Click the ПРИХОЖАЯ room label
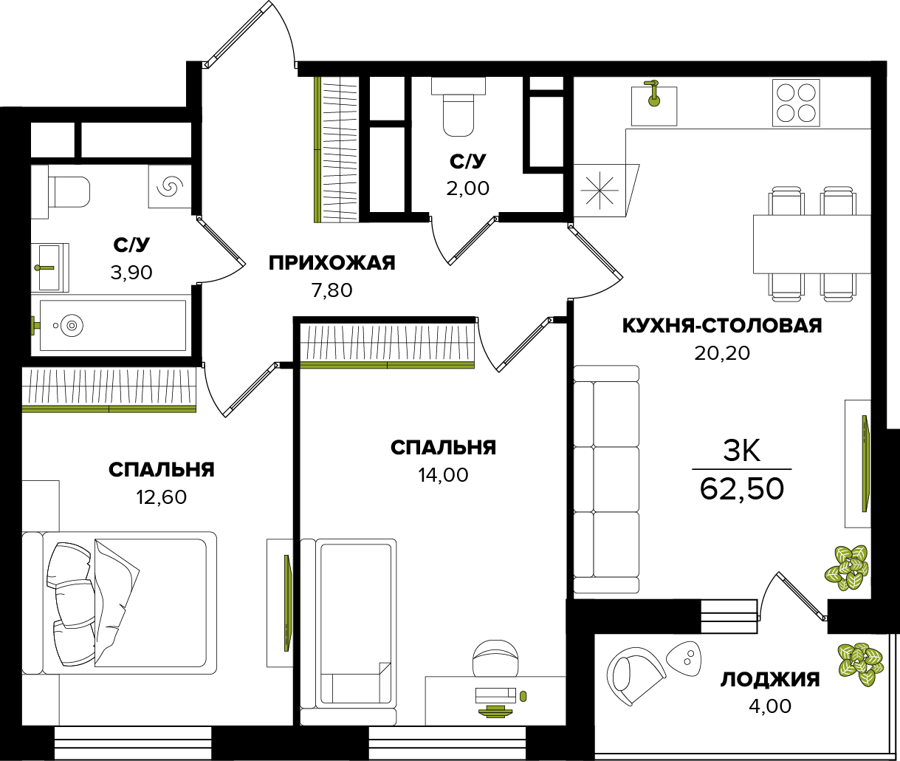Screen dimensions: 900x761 (x=332, y=263)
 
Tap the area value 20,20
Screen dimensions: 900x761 (x=722, y=353)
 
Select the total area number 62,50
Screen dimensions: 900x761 (x=741, y=489)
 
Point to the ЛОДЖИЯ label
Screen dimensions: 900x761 (x=770, y=680)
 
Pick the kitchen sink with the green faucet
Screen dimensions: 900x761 (x=654, y=105)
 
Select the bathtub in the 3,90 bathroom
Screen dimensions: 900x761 (x=111, y=325)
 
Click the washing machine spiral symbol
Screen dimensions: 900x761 (x=170, y=187)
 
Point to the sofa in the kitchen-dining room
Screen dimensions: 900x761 (x=606, y=479)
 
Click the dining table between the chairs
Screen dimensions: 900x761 (x=811, y=244)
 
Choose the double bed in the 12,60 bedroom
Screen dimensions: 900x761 (x=120, y=602)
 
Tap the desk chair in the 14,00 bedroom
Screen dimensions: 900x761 (x=495, y=659)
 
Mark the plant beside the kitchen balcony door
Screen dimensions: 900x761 (x=846, y=567)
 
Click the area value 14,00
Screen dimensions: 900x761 (x=443, y=475)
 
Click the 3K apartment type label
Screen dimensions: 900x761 (x=741, y=451)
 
